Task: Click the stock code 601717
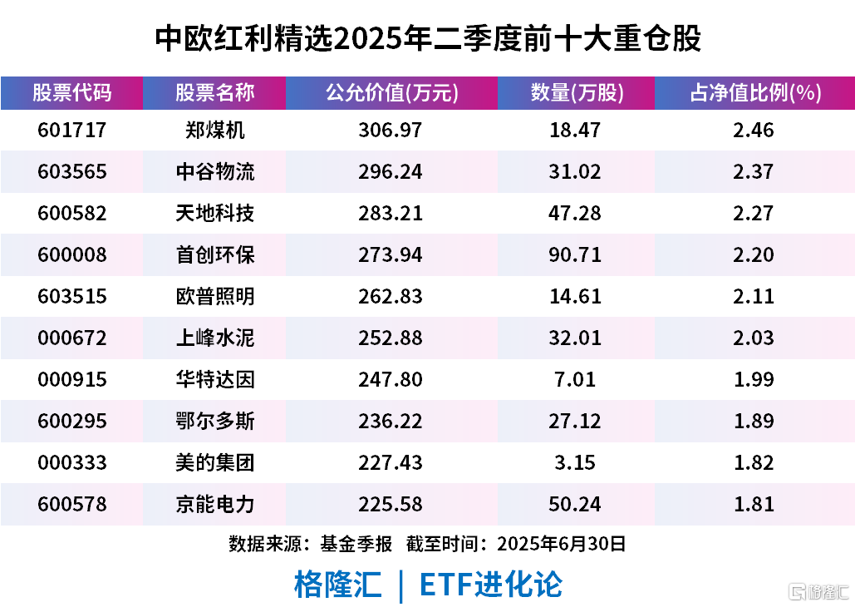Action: point(72,131)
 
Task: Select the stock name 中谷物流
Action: point(215,172)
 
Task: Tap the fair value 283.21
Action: point(391,214)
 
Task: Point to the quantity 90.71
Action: point(577,255)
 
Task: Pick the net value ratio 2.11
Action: point(754,297)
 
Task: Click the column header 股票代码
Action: point(72,92)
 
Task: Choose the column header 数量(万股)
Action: point(577,92)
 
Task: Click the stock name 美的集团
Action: point(215,463)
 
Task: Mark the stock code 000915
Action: point(72,380)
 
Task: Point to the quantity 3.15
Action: point(577,463)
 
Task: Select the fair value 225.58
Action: point(391,505)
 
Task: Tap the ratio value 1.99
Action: point(754,380)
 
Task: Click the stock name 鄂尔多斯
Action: point(215,422)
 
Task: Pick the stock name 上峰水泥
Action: point(215,338)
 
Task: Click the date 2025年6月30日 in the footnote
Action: point(561,545)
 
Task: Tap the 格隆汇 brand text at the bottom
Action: point(337,585)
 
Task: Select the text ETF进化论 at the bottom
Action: point(490,585)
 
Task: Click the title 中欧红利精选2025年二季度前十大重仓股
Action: point(428,38)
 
